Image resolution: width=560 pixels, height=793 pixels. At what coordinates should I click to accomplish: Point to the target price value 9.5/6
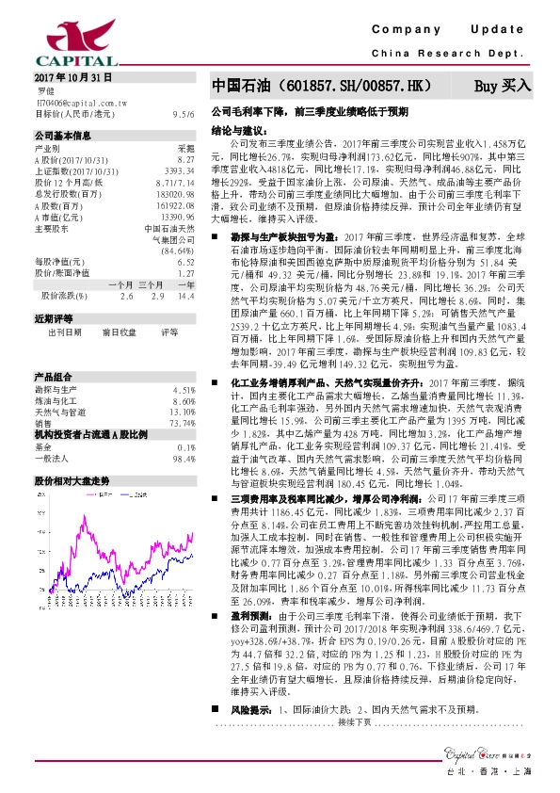pyautogui.click(x=184, y=113)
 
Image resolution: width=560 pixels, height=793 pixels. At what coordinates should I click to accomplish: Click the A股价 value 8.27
pyautogui.click(x=185, y=161)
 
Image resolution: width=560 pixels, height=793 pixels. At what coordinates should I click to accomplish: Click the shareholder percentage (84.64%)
pyautogui.click(x=177, y=251)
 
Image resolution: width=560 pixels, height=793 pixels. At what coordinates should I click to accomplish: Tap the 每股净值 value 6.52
pyautogui.click(x=185, y=261)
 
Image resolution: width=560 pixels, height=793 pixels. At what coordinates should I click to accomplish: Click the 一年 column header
pyautogui.click(x=185, y=283)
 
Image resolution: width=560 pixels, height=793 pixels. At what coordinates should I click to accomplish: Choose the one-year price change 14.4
pyautogui.click(x=185, y=295)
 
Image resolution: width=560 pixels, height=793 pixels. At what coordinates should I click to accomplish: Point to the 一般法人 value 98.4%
pyautogui.click(x=182, y=459)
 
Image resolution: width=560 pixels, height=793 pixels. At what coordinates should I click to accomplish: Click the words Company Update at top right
pyautogui.click(x=452, y=30)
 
